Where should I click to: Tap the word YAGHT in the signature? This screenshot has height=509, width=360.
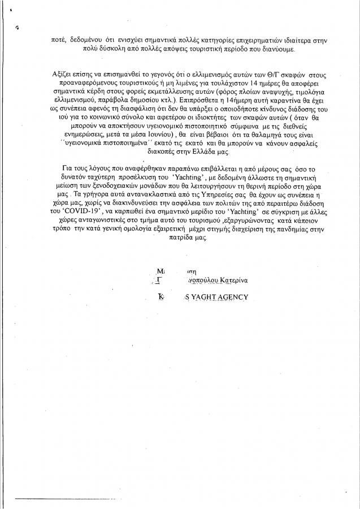(x=205, y=298)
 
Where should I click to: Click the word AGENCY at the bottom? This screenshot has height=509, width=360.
(x=236, y=298)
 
